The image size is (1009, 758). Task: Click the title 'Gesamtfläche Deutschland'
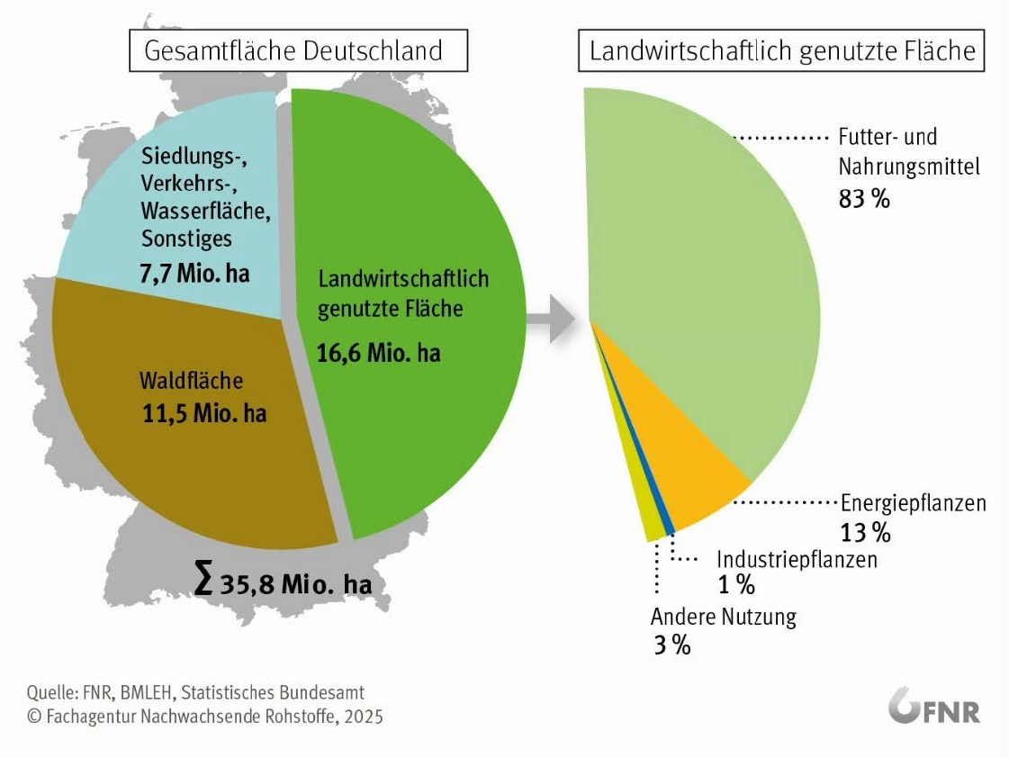[299, 50]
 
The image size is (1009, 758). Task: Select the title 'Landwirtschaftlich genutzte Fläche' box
[782, 50]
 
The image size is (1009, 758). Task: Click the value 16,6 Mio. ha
[379, 352]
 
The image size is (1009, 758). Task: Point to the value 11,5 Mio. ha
[204, 415]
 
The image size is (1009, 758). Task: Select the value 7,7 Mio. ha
[194, 273]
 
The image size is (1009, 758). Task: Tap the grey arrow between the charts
[550, 317]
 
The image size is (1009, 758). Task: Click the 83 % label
[864, 199]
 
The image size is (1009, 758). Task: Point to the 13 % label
[865, 532]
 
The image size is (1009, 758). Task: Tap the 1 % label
[735, 585]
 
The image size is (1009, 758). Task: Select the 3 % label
[671, 645]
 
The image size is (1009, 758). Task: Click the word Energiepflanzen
[913, 502]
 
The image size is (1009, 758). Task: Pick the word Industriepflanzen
[797, 559]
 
